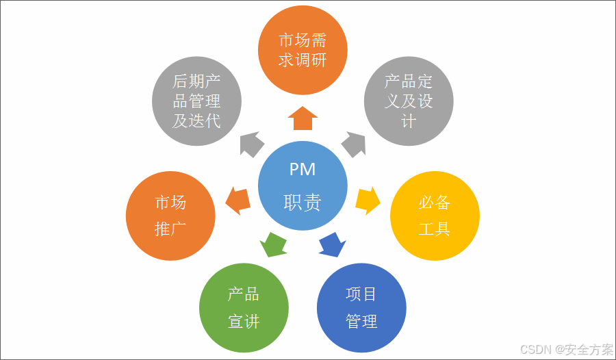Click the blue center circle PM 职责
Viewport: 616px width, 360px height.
point(302,185)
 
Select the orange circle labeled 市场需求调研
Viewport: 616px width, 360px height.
point(303,50)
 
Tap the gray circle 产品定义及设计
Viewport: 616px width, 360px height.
point(408,101)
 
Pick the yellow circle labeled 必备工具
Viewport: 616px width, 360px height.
point(435,216)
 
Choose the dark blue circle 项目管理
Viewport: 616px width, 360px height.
point(362,307)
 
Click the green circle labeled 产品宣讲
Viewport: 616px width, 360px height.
point(244,307)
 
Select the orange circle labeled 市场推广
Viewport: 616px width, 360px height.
point(170,216)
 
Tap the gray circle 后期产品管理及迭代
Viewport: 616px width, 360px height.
point(197,101)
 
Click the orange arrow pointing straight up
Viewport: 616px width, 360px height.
point(303,118)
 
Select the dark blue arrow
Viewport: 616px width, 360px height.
point(332,244)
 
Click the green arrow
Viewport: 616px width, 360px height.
point(274,244)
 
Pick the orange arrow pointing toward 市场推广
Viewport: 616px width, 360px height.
point(238,200)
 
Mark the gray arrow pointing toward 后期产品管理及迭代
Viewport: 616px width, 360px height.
point(252,144)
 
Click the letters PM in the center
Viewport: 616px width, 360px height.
point(303,169)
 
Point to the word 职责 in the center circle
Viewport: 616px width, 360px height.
point(303,203)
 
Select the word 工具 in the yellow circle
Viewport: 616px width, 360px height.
point(435,229)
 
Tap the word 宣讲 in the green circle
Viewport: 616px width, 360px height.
point(244,321)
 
